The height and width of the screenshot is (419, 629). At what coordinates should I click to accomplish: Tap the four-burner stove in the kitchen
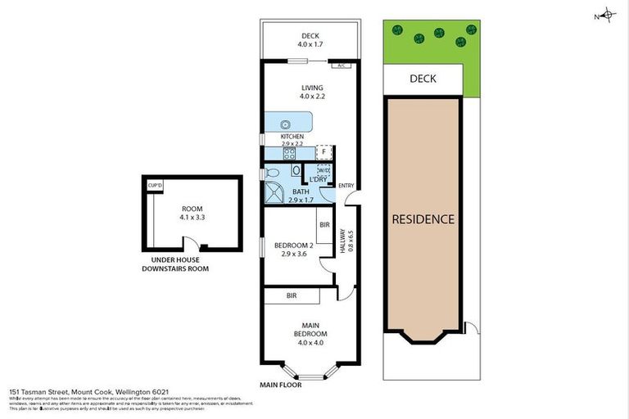(289, 152)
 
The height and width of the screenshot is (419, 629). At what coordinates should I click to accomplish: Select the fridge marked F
(324, 152)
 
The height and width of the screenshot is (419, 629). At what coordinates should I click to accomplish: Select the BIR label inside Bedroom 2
(324, 223)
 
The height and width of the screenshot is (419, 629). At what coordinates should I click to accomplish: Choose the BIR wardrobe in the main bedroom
(291, 295)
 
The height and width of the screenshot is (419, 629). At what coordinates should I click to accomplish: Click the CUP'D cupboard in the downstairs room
(155, 186)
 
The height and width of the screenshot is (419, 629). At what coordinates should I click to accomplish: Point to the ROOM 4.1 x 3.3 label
(192, 213)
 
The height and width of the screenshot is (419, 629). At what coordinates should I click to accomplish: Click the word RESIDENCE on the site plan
(423, 219)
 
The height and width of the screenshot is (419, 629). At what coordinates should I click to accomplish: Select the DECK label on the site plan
(423, 79)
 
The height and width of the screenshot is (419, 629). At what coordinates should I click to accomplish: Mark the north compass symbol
(606, 15)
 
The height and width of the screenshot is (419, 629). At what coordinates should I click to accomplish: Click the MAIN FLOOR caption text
(281, 385)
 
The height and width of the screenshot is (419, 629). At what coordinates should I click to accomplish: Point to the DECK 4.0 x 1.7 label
(309, 40)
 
